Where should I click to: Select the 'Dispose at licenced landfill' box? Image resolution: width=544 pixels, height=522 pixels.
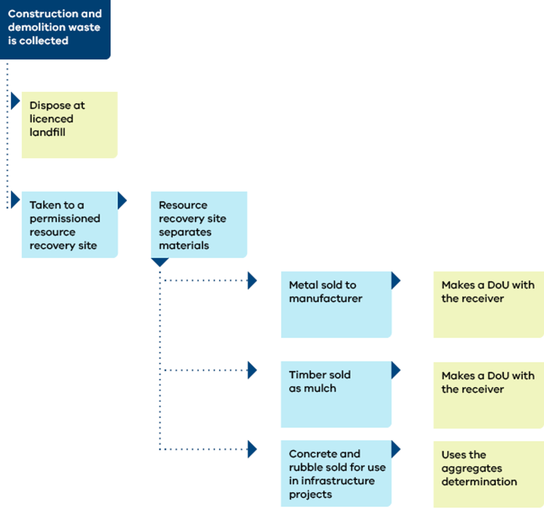pos(70,125)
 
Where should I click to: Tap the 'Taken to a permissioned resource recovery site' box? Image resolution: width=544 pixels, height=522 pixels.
pos(70,225)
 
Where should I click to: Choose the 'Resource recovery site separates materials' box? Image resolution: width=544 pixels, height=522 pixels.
pos(199,225)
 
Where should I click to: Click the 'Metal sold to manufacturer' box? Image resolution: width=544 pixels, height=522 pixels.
pos(336,304)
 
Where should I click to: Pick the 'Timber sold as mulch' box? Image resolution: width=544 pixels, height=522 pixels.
pos(336,394)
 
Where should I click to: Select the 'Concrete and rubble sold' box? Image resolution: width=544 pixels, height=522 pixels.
pos(336,473)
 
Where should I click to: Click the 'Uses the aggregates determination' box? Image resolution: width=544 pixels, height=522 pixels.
pos(488,474)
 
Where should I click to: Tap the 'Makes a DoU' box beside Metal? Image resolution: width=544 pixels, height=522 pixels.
pos(488,304)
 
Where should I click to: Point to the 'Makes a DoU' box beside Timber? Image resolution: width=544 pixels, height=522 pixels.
pos(488,395)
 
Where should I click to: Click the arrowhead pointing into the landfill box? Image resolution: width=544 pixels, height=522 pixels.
pos(15,101)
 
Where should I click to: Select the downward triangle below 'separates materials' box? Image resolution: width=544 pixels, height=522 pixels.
pos(160,262)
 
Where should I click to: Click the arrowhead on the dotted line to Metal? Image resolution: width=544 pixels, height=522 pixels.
pos(252,280)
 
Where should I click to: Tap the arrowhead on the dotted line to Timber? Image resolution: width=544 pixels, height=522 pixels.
pos(252,370)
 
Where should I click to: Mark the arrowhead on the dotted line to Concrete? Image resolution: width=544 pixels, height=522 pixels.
pos(252,449)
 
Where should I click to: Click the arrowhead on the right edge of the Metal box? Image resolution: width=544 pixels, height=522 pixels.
pos(396,280)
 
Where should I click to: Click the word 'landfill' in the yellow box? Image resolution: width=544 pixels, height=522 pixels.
pos(47,132)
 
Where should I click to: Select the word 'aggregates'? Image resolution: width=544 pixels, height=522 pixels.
pos(471,469)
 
